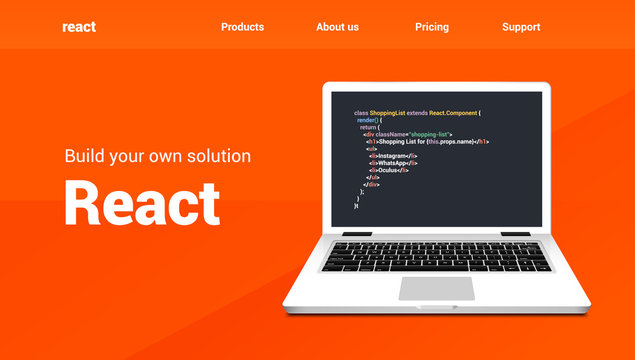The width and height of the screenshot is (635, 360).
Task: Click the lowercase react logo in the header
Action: [79, 27]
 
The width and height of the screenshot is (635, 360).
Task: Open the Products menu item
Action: [243, 27]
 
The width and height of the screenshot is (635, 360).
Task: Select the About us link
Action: [337, 27]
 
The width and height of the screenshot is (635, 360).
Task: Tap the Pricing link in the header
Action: [432, 27]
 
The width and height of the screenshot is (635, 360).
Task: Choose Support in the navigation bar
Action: [521, 27]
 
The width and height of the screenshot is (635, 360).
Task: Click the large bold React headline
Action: [142, 203]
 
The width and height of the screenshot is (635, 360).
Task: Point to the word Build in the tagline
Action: [83, 156]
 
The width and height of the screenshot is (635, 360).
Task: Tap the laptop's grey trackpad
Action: [437, 288]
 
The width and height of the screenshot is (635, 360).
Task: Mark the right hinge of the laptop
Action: [516, 233]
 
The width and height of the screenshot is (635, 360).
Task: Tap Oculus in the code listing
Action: [391, 170]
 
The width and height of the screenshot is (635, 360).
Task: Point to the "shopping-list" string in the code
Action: [427, 134]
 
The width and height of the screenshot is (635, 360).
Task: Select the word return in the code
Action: [369, 127]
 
